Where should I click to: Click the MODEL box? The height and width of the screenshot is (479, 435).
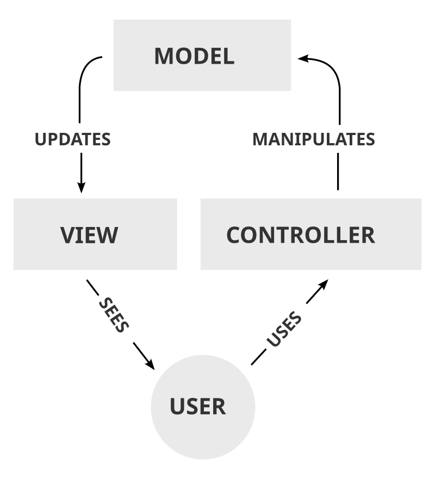click(202, 55)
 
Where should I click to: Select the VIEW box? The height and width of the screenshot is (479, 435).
click(95, 234)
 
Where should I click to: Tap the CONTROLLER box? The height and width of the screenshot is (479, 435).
click(310, 234)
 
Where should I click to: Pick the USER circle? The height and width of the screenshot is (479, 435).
click(202, 407)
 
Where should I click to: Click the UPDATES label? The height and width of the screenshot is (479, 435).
click(72, 139)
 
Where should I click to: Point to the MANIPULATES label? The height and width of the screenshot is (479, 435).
click(314, 139)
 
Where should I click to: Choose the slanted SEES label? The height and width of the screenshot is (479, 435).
click(114, 315)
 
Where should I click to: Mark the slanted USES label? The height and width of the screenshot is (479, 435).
click(283, 329)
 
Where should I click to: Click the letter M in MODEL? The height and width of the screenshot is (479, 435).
click(164, 56)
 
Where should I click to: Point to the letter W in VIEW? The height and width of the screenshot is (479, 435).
click(107, 235)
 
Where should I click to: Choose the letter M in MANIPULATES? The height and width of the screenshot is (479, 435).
click(261, 139)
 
